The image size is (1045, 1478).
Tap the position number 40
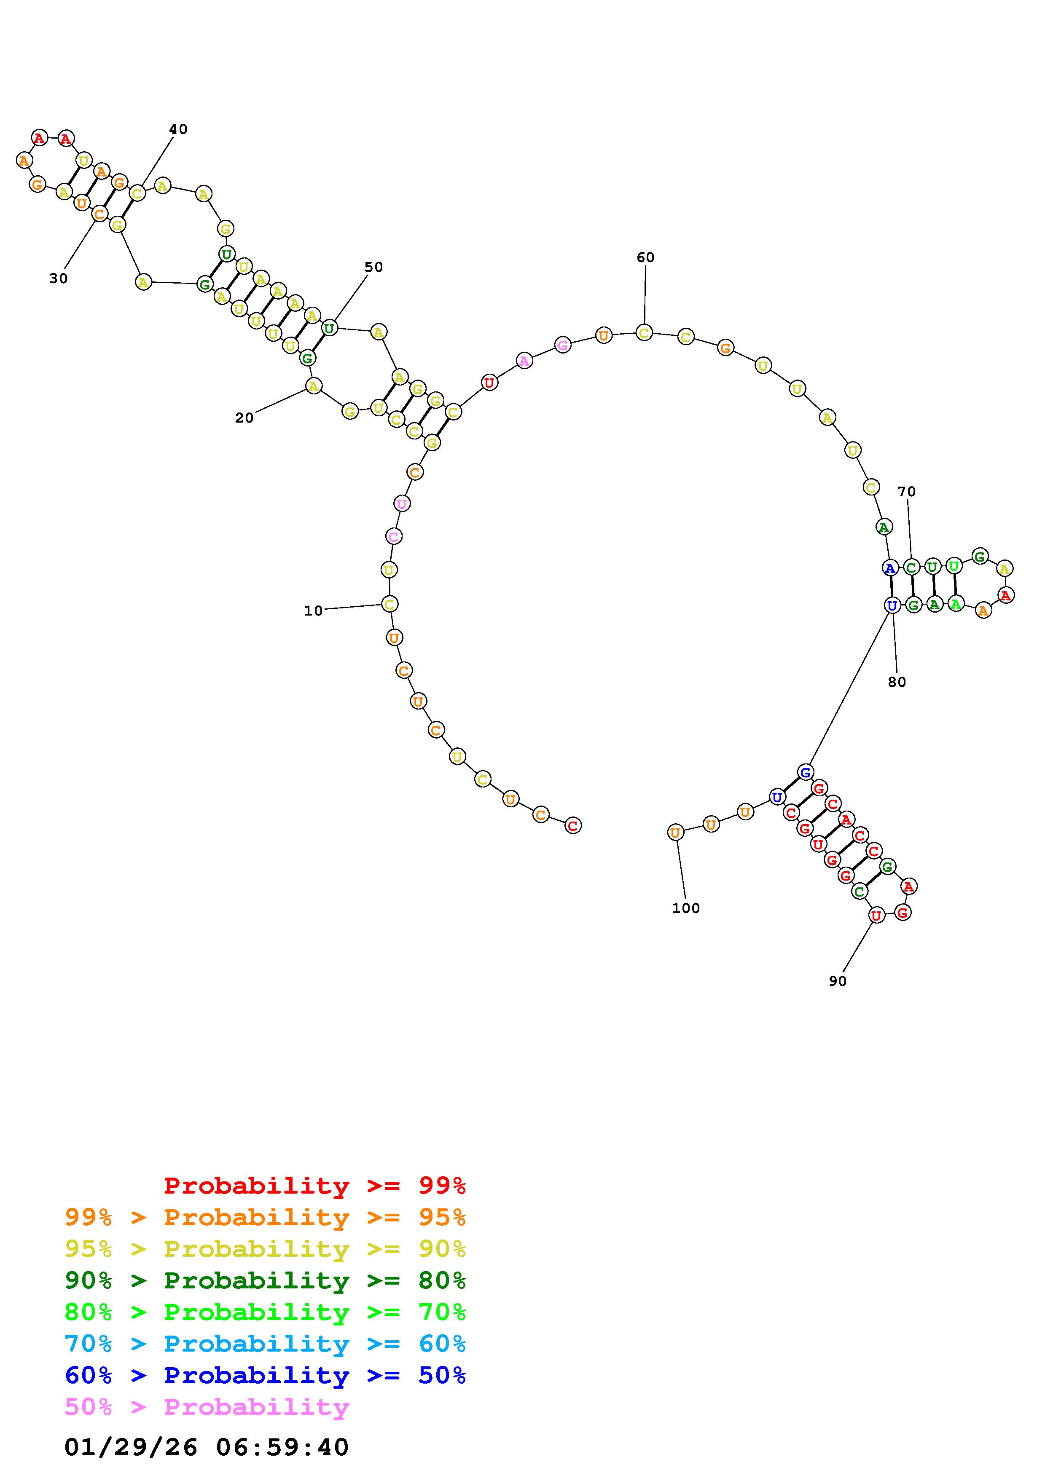(x=178, y=129)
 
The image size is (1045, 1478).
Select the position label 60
(x=645, y=257)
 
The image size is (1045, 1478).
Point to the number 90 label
(x=838, y=981)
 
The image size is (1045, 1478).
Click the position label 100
(x=686, y=908)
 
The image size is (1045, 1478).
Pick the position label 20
(x=244, y=418)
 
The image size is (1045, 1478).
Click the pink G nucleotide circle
(x=563, y=345)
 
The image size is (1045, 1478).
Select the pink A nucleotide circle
(x=524, y=361)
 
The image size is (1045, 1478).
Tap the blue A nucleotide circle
(x=890, y=568)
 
